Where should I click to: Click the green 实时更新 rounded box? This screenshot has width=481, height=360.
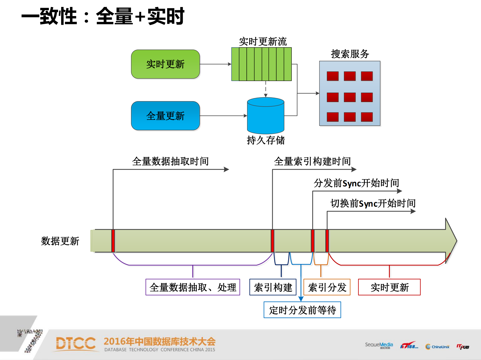point(165,64)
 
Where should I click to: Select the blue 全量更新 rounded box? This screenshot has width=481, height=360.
point(165,116)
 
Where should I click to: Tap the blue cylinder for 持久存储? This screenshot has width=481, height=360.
point(266,116)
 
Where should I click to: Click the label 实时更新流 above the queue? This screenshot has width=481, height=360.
point(263,42)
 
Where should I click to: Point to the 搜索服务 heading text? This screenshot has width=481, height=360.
point(350,54)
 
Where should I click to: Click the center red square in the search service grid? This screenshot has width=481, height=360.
point(350,97)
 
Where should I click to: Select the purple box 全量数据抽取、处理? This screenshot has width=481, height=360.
point(193,287)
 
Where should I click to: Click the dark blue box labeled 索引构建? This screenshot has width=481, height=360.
point(273,287)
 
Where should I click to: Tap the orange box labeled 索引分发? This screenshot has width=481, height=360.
point(327,287)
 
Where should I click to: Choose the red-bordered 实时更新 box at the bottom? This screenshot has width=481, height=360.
point(389,287)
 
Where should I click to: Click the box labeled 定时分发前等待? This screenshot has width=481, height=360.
point(302,310)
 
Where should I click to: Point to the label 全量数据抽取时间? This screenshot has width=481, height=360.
point(170,161)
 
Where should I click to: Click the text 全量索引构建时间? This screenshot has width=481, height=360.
point(312,161)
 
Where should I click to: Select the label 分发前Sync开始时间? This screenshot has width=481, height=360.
point(356,183)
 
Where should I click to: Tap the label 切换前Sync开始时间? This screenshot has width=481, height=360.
point(373,203)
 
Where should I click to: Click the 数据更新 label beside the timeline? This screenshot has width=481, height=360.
point(60,241)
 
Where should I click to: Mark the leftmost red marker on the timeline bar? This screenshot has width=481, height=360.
point(113,241)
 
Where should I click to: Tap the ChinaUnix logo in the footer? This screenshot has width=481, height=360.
point(437,347)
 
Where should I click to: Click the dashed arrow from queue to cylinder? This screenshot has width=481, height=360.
point(266,89)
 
